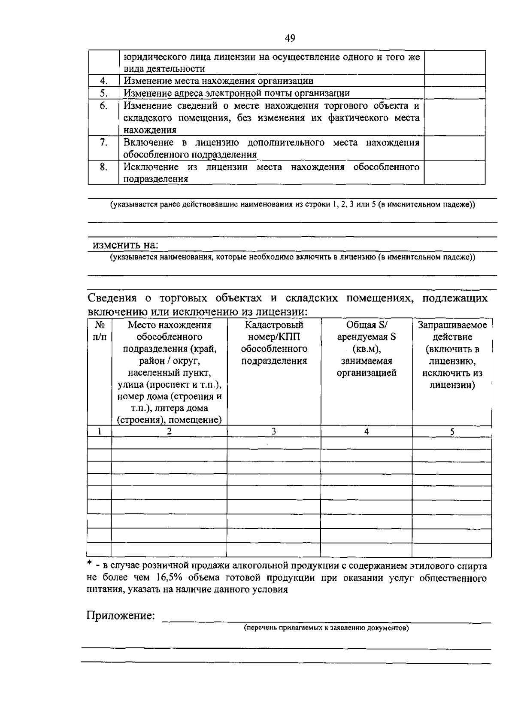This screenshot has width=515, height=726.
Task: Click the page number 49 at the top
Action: coord(290,39)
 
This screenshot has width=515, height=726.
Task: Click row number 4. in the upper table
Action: coord(103,81)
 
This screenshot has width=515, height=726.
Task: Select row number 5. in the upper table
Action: coord(103,93)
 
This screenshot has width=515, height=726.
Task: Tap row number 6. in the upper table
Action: coord(103,106)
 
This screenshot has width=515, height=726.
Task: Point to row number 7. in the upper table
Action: coord(103,142)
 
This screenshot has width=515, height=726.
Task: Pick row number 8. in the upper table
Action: coord(103,167)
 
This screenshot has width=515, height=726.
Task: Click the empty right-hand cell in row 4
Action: coord(454,81)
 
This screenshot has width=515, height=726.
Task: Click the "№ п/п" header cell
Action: coord(99,331)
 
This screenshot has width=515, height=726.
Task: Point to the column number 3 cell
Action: coord(273,431)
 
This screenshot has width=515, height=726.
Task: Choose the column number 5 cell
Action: coord(452,431)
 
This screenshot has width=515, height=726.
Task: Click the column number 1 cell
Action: coord(99,431)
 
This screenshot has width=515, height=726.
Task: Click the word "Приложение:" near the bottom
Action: coord(121,616)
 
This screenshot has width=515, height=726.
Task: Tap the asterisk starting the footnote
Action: coord(89,563)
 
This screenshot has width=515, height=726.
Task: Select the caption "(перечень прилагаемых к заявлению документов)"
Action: coord(326,628)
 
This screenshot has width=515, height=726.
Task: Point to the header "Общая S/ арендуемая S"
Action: coord(366,331)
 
